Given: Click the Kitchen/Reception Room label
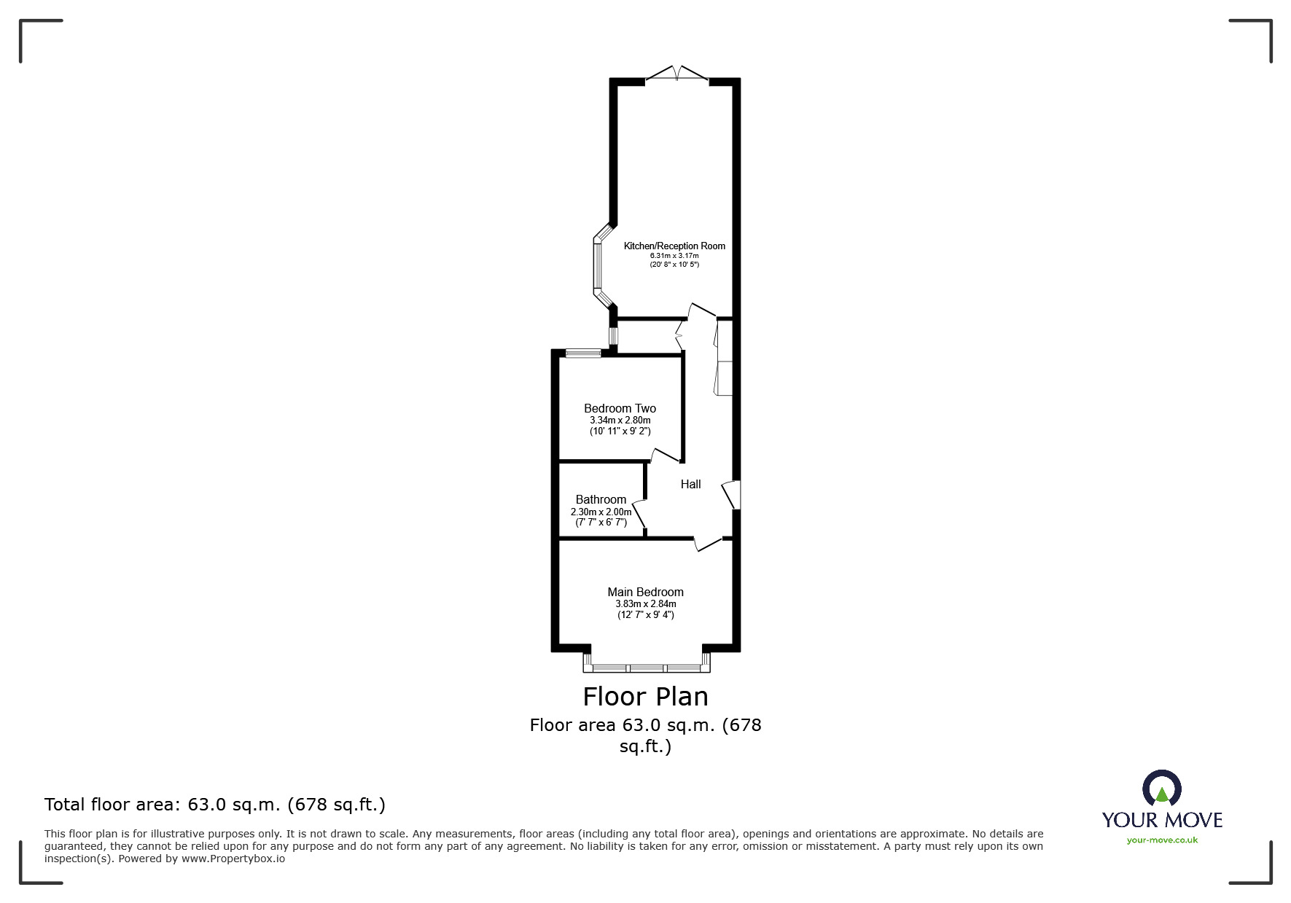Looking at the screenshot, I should coord(674,246).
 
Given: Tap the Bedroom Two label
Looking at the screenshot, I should coord(620,409).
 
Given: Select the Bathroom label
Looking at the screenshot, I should coord(601,500).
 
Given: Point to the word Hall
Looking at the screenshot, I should coord(690,485).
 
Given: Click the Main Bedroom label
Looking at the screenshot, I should coord(645,593).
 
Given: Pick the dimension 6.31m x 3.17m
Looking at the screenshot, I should coord(674,256).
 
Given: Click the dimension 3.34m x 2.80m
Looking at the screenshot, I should coord(620,421).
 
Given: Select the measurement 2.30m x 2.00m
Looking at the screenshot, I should coord(601,512).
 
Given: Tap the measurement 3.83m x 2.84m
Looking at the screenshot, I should coord(645,604).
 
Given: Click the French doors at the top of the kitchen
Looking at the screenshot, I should coord(677,74).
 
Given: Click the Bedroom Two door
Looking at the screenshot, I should coord(665,456).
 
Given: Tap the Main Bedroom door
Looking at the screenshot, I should coord(708,544).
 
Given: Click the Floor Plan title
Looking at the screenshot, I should coord(645,697).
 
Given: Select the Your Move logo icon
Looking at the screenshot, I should coord(1161,789).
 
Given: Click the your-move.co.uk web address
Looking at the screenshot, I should coord(1162,840).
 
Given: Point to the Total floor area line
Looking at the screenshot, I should coord(215,805).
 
